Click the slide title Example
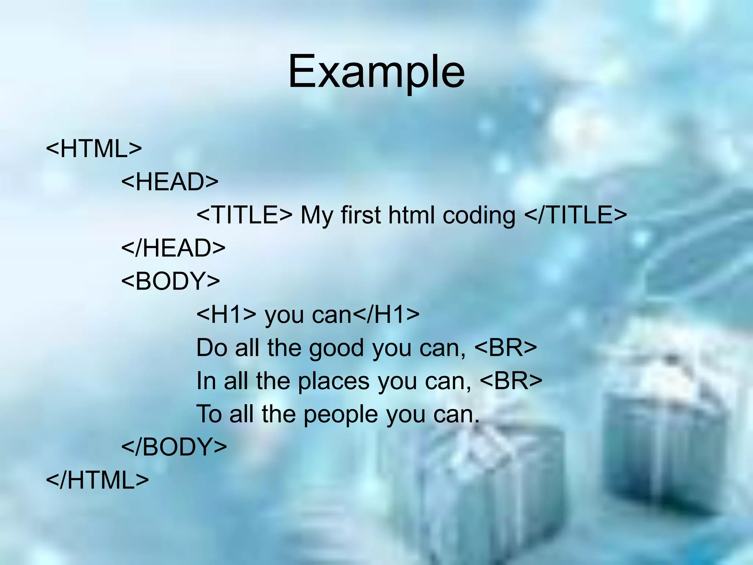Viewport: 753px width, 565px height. [376, 72]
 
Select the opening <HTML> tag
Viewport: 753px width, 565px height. [94, 149]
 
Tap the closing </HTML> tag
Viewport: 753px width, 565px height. [97, 480]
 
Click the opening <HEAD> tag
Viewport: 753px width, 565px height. [170, 182]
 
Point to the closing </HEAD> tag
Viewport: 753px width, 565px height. [173, 248]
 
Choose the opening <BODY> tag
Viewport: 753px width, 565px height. [171, 281]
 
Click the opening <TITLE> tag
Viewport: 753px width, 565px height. [245, 215]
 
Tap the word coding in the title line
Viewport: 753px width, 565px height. [479, 216]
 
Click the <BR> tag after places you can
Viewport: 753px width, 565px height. [511, 381]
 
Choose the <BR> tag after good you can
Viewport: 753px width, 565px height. [506, 348]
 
